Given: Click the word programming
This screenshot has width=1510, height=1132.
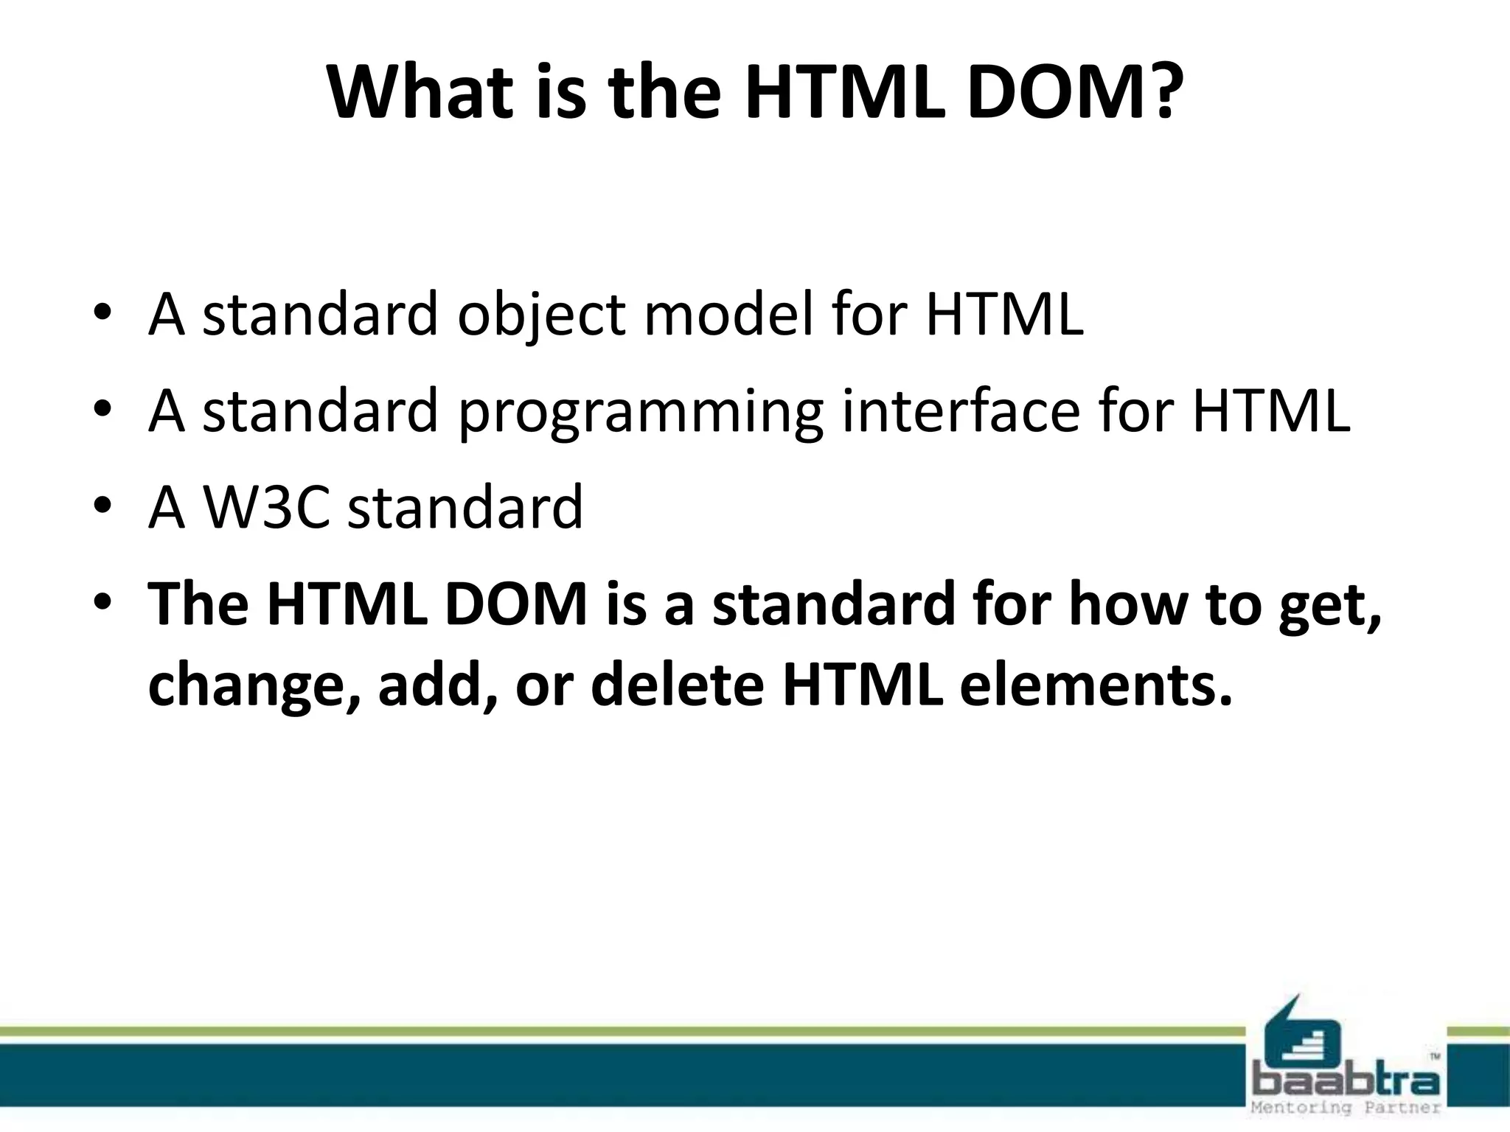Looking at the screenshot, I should coord(640,413).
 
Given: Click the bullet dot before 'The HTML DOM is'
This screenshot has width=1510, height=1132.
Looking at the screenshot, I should coord(102,603).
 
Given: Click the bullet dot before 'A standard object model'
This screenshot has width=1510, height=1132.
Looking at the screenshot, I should coord(102,312).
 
